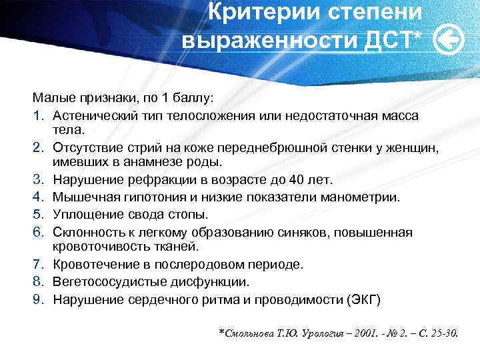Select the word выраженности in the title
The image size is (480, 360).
[x=271, y=41]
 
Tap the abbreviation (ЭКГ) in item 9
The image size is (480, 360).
[x=363, y=299]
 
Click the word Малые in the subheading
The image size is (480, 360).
[x=49, y=98]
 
